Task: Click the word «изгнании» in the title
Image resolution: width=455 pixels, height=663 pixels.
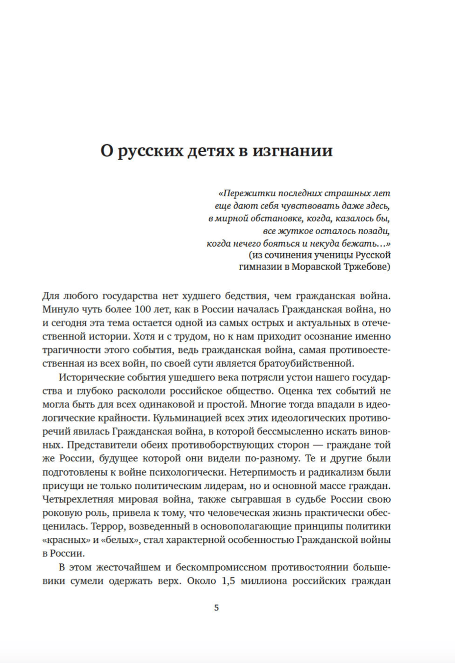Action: click(292, 151)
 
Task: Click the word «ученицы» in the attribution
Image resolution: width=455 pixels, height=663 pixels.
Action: click(333, 255)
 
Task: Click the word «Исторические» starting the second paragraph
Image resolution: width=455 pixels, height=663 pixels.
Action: click(91, 377)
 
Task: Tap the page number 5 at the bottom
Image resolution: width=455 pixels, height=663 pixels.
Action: click(217, 608)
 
